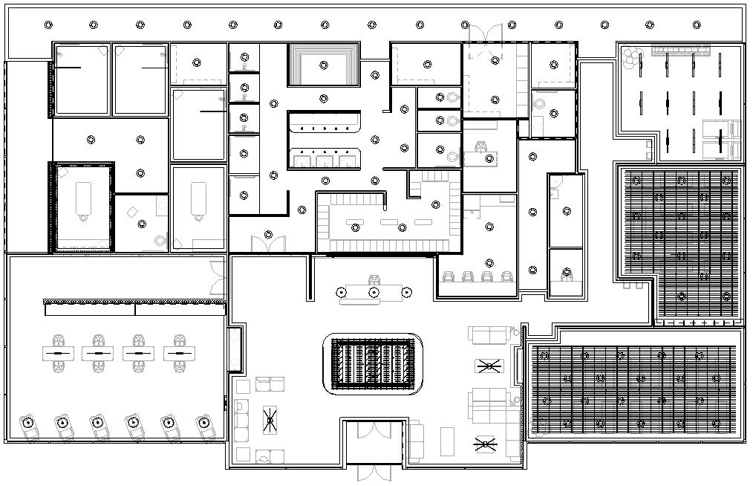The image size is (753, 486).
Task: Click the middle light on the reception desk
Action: coord(374,292)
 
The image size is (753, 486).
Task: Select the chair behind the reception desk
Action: coord(374,279)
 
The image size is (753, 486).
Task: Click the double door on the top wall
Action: coord(484,34)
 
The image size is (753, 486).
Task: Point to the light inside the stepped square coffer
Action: coord(324,65)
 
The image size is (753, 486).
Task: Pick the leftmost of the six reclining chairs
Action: coord(28,425)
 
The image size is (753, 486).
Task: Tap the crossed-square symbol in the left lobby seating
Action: coord(270,421)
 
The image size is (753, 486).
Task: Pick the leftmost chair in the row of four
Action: coord(449,276)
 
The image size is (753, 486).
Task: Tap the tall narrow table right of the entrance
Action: coord(446,441)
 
